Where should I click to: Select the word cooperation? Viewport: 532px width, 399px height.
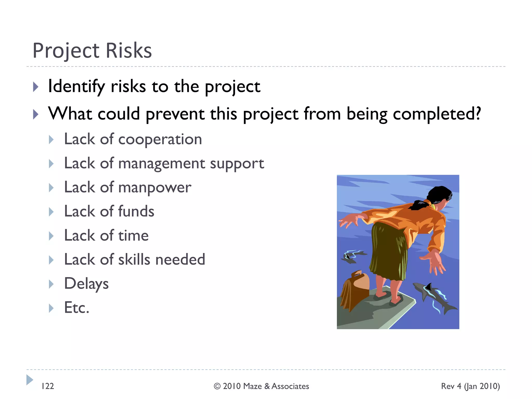pos(160,139)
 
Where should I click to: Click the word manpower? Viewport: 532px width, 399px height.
pos(155,188)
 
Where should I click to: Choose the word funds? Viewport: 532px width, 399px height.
pos(136,211)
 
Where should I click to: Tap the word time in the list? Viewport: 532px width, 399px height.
pos(133,236)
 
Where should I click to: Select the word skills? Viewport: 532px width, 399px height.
pos(134,260)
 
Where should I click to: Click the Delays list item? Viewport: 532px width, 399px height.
pos(86,284)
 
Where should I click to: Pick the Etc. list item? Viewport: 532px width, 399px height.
pos(77,308)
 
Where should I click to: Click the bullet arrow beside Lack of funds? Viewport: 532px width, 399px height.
pos(51,212)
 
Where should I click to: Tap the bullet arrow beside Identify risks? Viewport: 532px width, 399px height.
pos(36,87)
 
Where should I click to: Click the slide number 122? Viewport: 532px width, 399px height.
pos(48,386)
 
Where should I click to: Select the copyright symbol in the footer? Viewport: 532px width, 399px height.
pos(217,387)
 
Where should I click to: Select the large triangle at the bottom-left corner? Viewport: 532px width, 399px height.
pos(29,380)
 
